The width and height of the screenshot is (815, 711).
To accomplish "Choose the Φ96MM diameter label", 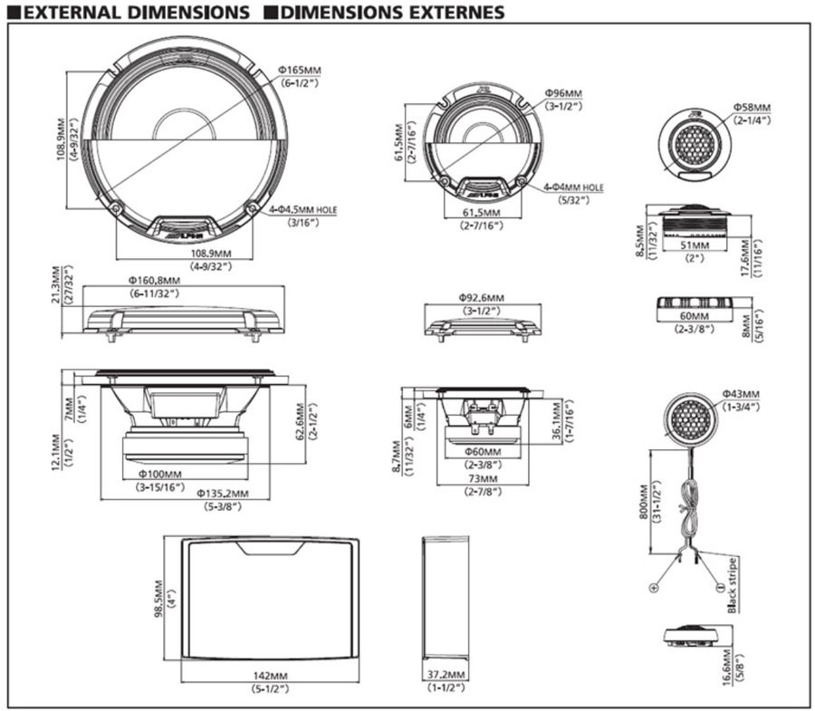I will (564, 93).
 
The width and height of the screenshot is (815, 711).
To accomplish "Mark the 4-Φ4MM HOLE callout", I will (572, 187).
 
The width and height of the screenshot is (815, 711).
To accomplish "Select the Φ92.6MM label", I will (481, 296).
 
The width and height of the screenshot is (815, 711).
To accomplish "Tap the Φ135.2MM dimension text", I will (222, 493).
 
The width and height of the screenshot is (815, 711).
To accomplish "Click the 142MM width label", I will (271, 676).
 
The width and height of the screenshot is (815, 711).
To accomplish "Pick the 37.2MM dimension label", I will (446, 676).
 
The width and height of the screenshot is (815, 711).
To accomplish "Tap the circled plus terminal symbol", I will (652, 587).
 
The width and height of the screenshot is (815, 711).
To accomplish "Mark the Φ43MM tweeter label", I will (741, 394).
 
